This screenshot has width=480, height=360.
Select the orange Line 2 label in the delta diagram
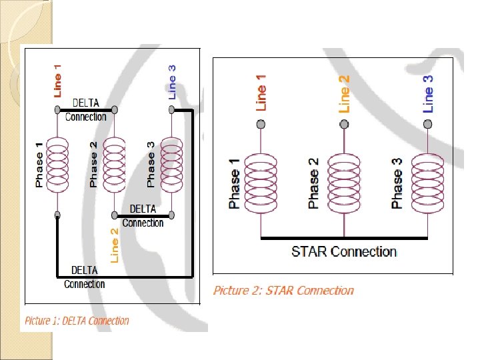(114, 245)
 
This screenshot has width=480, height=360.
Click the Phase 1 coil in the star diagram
(261, 184)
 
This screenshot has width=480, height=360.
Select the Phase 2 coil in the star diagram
(344, 184)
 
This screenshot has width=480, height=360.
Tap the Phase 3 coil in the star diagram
(427, 184)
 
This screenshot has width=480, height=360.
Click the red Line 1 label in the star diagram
(261, 93)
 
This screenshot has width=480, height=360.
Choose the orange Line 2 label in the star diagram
(344, 93)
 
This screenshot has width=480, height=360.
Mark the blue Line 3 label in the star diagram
(427, 93)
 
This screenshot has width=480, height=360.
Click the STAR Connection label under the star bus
(344, 252)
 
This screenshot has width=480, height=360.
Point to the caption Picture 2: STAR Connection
(283, 290)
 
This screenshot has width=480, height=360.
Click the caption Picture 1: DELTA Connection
(77, 321)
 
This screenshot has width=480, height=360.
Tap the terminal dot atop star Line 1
(261, 124)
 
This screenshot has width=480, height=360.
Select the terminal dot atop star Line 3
(427, 124)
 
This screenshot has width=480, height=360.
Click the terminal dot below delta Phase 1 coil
(58, 215)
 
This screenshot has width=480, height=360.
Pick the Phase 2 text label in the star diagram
(313, 184)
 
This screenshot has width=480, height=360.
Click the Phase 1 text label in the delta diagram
(39, 164)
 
